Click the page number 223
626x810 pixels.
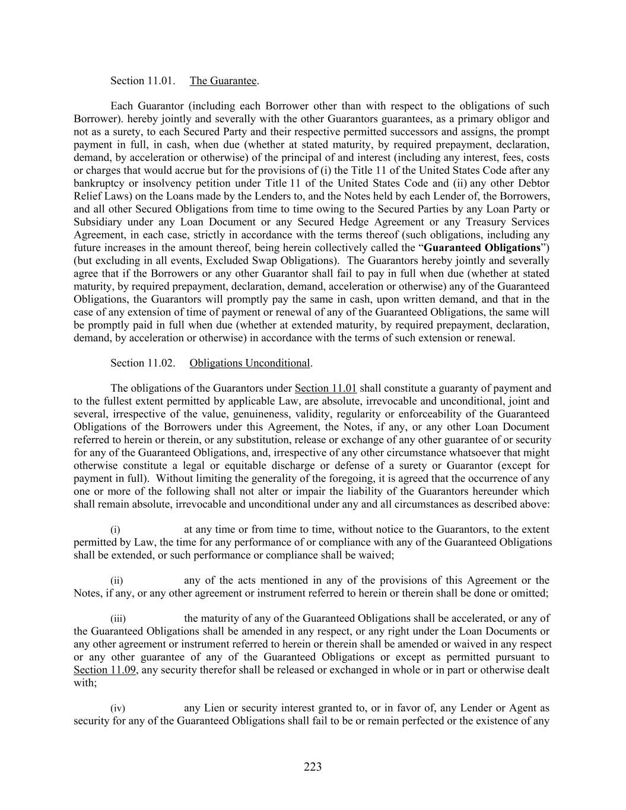pos(313,767)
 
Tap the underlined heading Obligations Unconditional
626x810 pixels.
pos(250,363)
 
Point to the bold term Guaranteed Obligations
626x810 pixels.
pos(482,247)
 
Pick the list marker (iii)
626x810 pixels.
pos(118,618)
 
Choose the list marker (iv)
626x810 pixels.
pos(118,709)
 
